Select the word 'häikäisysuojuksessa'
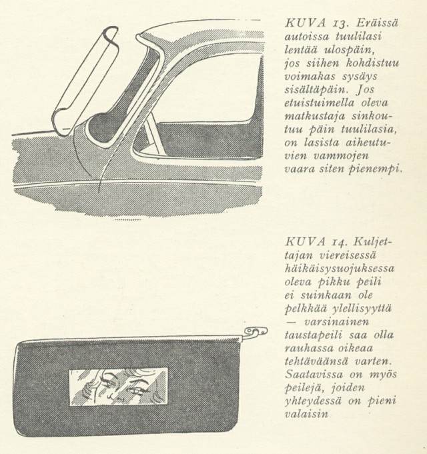(340, 269)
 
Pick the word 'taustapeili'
(314, 335)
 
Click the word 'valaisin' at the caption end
(306, 414)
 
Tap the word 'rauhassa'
(308, 349)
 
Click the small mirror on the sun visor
(118, 387)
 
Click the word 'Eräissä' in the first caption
(377, 23)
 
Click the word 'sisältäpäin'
(317, 90)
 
